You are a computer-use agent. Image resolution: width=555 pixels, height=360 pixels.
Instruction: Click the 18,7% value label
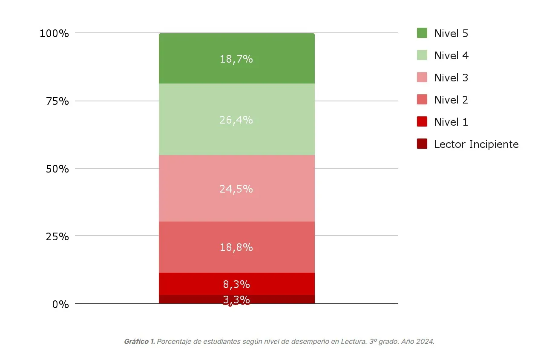point(236,59)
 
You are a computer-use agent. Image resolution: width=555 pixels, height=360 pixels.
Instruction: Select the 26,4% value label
point(236,120)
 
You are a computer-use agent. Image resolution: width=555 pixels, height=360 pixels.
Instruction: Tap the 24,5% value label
point(236,189)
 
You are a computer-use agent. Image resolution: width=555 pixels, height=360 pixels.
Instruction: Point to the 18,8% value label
point(236,247)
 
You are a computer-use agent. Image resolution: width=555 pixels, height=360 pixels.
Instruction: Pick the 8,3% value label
point(236,284)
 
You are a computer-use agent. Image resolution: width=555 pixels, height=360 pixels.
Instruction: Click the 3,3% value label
point(236,300)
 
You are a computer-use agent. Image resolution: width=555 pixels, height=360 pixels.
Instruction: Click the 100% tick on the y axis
point(54,33)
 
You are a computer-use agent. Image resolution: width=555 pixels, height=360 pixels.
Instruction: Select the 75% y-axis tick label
point(57,101)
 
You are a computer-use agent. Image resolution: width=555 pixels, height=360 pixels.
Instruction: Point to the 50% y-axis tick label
point(57,169)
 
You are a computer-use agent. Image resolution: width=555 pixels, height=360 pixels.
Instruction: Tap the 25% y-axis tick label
point(57,236)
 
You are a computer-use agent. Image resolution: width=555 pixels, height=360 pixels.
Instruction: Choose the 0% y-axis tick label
point(60,304)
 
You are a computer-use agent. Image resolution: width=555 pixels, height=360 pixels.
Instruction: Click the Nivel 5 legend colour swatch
point(422,33)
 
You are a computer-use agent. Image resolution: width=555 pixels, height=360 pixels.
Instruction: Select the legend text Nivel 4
point(451,55)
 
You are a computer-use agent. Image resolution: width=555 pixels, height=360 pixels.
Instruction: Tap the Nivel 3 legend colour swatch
point(422,78)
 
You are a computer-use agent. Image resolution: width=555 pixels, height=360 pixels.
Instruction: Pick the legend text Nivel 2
point(451,100)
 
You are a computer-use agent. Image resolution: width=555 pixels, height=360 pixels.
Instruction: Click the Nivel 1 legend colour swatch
point(422,122)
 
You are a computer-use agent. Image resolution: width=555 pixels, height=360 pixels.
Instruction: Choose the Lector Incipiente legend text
point(476,144)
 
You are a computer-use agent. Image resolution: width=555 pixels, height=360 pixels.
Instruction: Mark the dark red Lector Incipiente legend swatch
point(422,144)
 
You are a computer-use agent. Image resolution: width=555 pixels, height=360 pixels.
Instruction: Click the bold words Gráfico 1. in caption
point(139,342)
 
